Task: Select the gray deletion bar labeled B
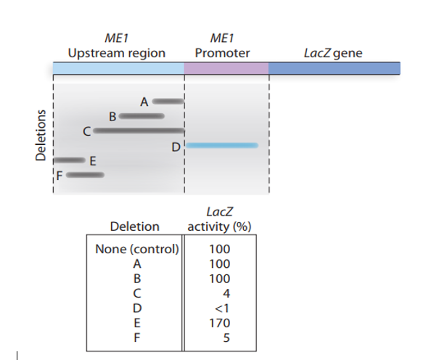click(142, 115)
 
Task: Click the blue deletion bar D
click(221, 146)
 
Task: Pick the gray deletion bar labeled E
click(70, 160)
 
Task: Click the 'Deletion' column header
click(134, 226)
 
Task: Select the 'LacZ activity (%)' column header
click(219, 219)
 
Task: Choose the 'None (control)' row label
click(136, 250)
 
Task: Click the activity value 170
click(219, 322)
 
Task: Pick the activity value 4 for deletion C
click(226, 293)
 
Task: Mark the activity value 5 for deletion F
click(226, 337)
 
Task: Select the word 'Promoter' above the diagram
click(222, 53)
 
